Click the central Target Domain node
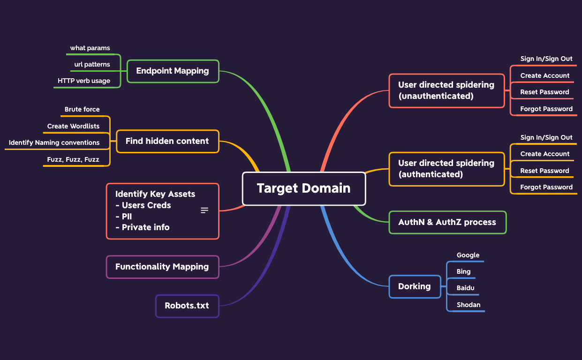pyautogui.click(x=303, y=188)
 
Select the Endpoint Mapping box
pyautogui.click(x=173, y=71)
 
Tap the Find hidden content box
pyautogui.click(x=167, y=141)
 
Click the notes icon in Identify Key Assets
pyautogui.click(x=204, y=210)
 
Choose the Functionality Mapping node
pyautogui.click(x=162, y=267)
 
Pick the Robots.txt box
pyautogui.click(x=187, y=306)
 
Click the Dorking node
pyautogui.click(x=414, y=286)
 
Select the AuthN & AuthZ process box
pyautogui.click(x=447, y=222)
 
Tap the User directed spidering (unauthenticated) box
pyautogui.click(x=446, y=90)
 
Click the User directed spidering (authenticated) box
pyautogui.click(x=446, y=169)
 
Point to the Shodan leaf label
pyautogui.click(x=469, y=305)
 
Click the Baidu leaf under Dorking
pyautogui.click(x=466, y=288)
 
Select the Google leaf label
pyautogui.click(x=468, y=255)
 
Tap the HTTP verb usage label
pyautogui.click(x=84, y=81)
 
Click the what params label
pyautogui.click(x=90, y=48)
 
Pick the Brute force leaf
pyautogui.click(x=82, y=109)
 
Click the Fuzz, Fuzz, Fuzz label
pyautogui.click(x=73, y=159)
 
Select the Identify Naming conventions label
pyautogui.click(x=54, y=142)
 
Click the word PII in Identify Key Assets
pyautogui.click(x=127, y=217)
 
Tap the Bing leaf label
pyautogui.click(x=463, y=271)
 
